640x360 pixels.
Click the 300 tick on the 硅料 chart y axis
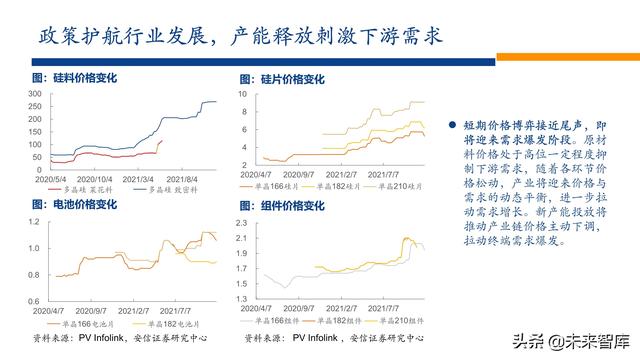tap(31, 93)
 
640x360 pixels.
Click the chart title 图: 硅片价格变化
tap(283, 78)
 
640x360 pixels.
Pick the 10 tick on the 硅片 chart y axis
tap(241, 93)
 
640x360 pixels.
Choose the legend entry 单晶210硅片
tap(398, 187)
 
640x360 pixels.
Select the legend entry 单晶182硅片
tap(337, 187)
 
